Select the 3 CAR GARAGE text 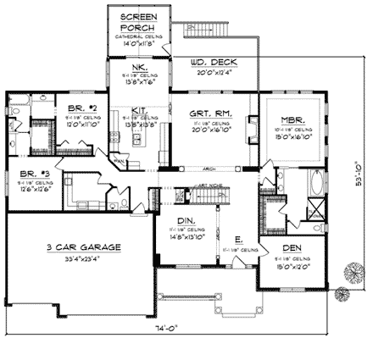84,248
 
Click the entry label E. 238,239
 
